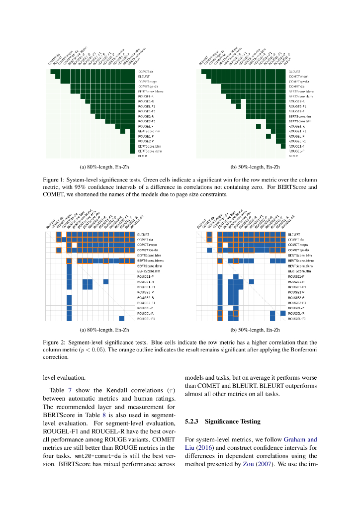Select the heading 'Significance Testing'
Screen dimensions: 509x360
click(232, 422)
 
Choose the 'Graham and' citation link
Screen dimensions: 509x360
click(300, 439)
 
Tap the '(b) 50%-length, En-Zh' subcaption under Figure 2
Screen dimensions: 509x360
click(255, 330)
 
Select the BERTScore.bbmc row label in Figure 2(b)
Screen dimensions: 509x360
click(302, 260)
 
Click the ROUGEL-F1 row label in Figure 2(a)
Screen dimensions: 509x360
click(146, 319)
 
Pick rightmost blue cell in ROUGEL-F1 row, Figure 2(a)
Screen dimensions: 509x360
click(122, 319)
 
